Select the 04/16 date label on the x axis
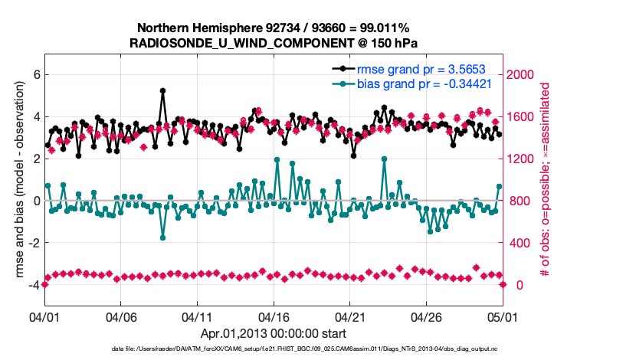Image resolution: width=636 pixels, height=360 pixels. [274, 316]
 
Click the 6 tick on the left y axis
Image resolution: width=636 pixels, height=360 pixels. [35, 75]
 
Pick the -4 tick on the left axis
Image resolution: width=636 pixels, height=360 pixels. [33, 285]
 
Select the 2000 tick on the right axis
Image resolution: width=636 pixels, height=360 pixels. [524, 75]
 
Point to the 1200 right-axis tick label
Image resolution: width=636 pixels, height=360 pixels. [524, 159]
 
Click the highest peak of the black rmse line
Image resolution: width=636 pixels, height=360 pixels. [163, 90]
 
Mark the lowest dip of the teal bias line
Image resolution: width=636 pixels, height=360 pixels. [163, 237]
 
